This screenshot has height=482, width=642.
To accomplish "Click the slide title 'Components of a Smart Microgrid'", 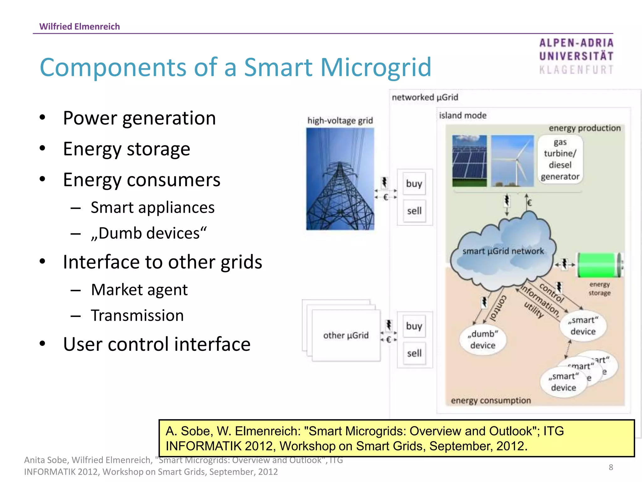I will [x=235, y=67].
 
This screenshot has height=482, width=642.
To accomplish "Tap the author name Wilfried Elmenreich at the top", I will [x=80, y=26].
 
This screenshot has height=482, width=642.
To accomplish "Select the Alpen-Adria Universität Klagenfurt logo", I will [x=576, y=56].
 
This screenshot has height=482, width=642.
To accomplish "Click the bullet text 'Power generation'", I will [x=139, y=118].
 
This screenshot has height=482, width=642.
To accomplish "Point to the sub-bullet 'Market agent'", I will [x=139, y=290].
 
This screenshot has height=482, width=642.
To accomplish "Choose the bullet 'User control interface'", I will [x=157, y=344].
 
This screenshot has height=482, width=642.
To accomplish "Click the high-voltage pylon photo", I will [x=340, y=179].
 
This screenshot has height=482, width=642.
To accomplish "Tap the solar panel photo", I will [x=469, y=161].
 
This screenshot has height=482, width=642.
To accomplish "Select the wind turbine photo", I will [x=512, y=161].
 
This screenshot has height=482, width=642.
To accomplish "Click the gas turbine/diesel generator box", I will [x=560, y=159].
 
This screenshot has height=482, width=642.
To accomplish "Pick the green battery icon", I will [x=599, y=265].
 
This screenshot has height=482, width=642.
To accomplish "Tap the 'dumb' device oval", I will [x=482, y=340].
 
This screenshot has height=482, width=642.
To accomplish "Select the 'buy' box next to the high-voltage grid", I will [x=414, y=184].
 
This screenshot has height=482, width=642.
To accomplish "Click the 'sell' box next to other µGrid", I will [x=414, y=354].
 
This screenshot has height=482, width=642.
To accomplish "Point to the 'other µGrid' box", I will [x=346, y=335].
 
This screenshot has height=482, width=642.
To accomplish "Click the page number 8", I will [x=611, y=467].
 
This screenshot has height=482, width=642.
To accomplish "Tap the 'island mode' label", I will [x=462, y=115].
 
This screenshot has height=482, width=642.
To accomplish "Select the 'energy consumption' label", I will [x=491, y=401].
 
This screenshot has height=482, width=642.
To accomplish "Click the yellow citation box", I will [x=396, y=438].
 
